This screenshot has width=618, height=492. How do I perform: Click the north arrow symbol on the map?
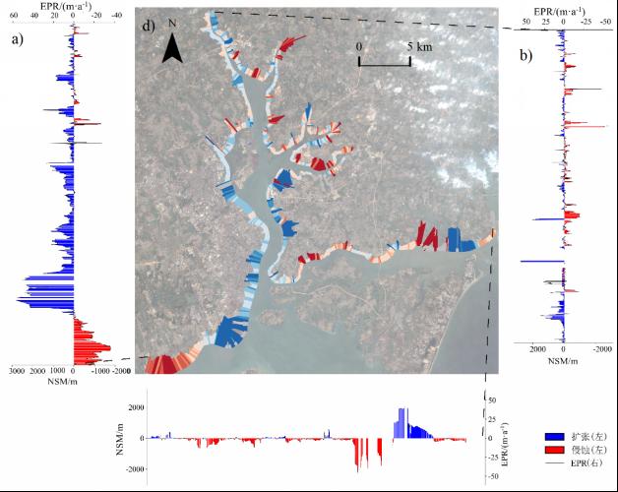pyautogui.click(x=172, y=47)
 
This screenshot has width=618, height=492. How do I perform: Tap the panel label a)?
pyautogui.click(x=17, y=39)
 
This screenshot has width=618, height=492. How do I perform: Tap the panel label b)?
pyautogui.click(x=527, y=55)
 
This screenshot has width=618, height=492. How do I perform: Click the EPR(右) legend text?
pyautogui.click(x=587, y=462)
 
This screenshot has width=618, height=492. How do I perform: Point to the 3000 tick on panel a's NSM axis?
pyautogui.click(x=16, y=371)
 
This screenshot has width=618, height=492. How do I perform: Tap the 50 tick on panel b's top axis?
pyautogui.click(x=527, y=20)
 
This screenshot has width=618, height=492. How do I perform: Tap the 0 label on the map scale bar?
pyautogui.click(x=359, y=46)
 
